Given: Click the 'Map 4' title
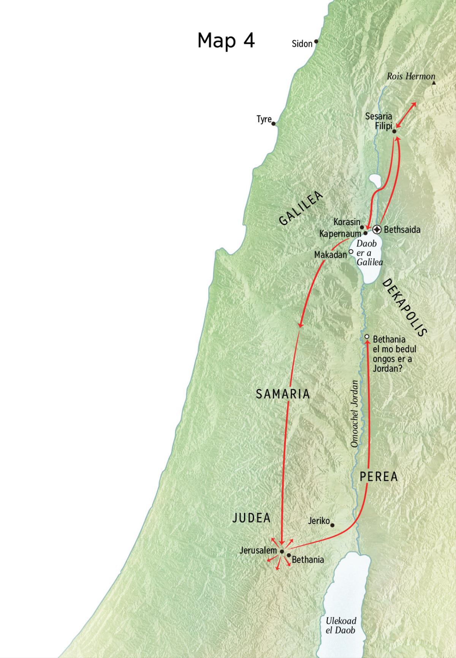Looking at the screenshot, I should tap(226, 40).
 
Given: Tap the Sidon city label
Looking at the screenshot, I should tap(302, 44).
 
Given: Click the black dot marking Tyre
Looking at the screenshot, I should tap(274, 123).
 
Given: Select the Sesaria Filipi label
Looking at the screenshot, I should tap(379, 121).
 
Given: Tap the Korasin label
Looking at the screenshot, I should tap(347, 222).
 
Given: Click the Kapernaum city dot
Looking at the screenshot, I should tap(366, 233).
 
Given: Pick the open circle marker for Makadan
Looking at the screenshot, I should tap(351, 251).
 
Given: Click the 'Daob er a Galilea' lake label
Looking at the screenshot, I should tap(369, 253).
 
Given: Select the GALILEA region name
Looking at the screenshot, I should tap(301, 208).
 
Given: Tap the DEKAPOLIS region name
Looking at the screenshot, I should tap(404, 307).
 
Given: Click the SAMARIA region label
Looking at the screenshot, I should tap(283, 394).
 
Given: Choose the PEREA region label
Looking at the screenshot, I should tap(378, 477).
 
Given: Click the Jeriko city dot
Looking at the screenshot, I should tap(332, 525).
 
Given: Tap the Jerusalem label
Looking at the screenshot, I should tap(258, 550).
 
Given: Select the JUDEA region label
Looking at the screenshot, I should tap(251, 518).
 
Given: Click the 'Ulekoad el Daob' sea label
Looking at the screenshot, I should tap(341, 625).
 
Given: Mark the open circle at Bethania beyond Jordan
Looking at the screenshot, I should tap(367, 337).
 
